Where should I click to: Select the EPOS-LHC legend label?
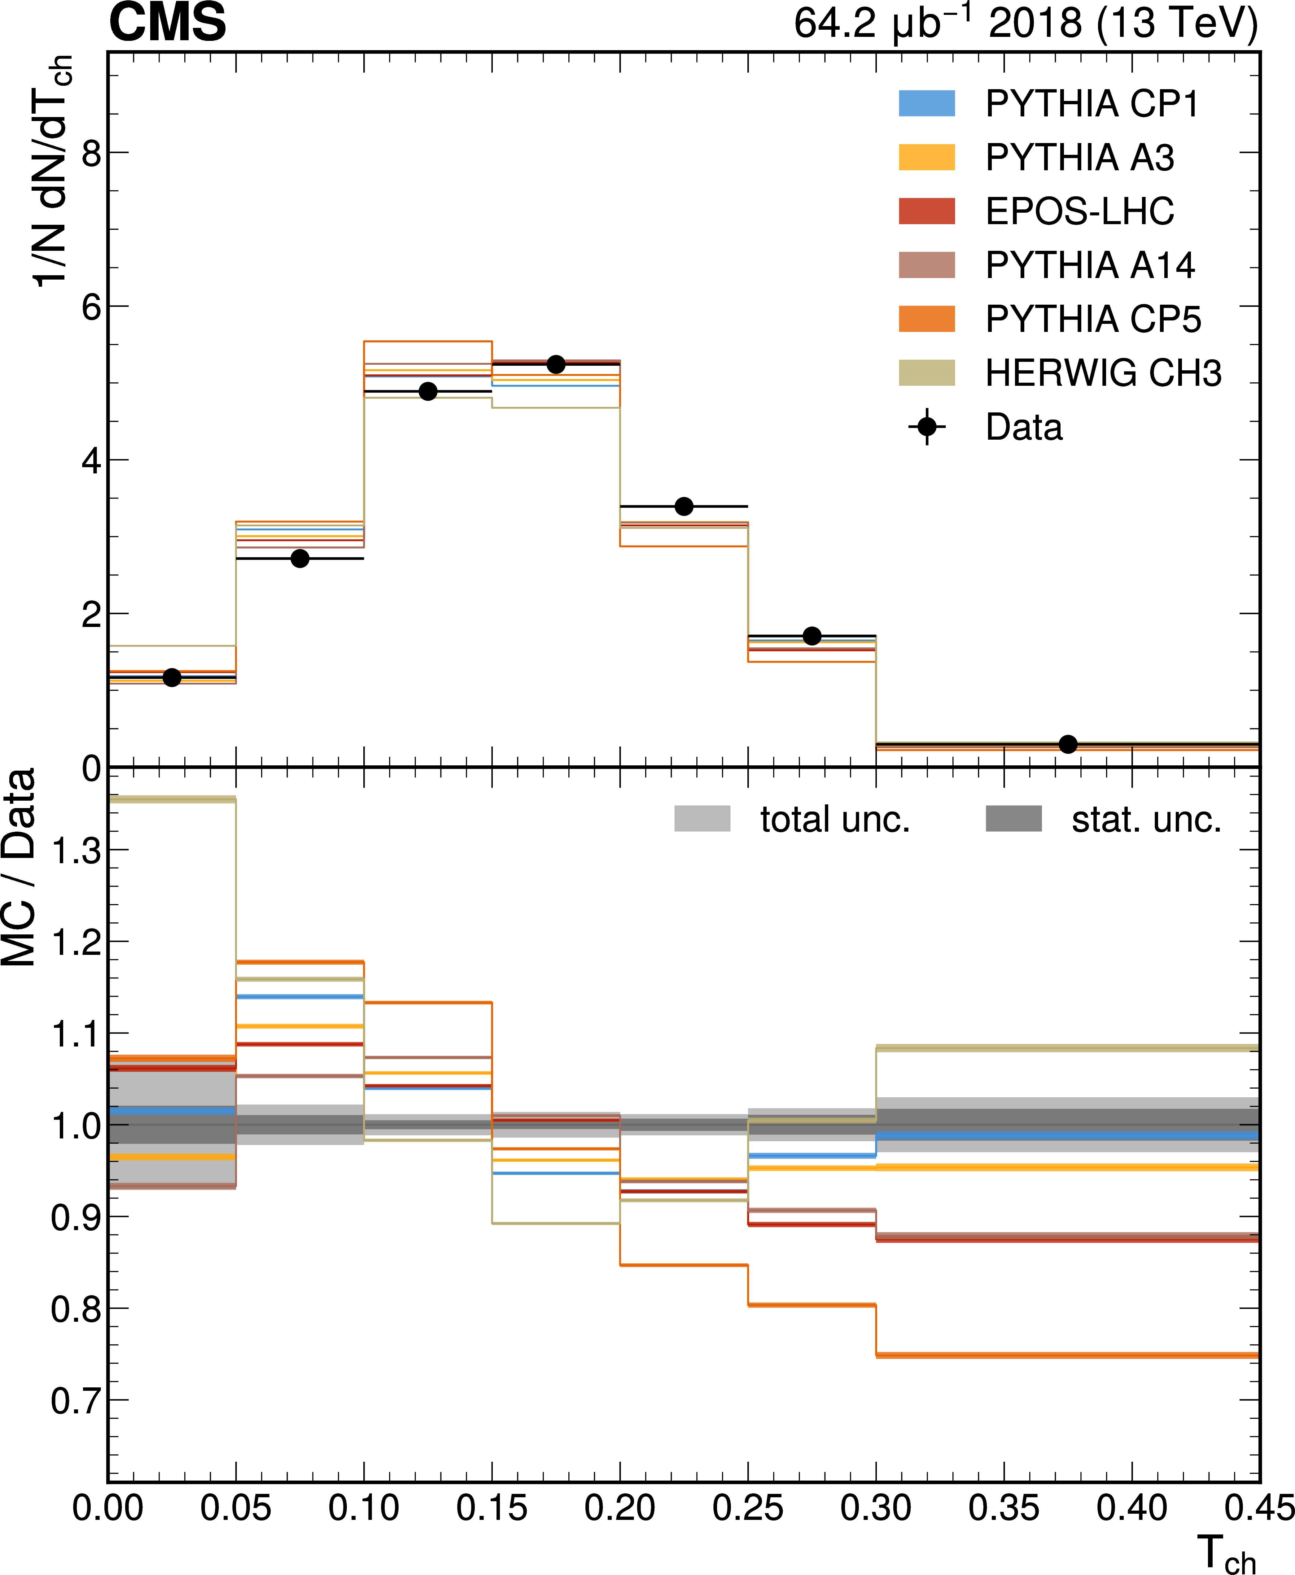click(x=1079, y=212)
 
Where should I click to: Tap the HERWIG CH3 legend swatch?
click(x=926, y=373)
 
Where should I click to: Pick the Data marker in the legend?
click(x=926, y=427)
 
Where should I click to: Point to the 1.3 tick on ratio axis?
click(x=76, y=850)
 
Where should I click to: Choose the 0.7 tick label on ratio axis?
click(x=76, y=1401)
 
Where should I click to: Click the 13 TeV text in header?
click(x=1177, y=24)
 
